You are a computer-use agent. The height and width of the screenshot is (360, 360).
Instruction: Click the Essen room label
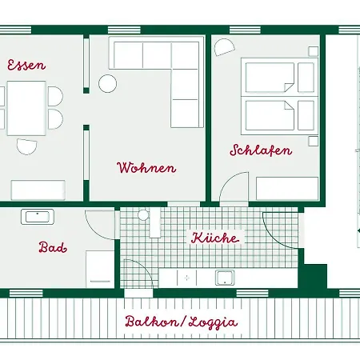click(x=26, y=65)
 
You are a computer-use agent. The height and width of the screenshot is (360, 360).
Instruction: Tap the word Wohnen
click(x=146, y=167)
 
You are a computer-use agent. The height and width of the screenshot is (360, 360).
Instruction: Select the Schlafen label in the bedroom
click(x=261, y=150)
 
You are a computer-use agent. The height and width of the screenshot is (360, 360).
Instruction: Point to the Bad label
click(x=53, y=247)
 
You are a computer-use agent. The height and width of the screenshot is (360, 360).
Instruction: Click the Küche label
click(x=215, y=238)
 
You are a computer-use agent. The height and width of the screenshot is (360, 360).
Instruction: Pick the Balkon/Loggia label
click(x=181, y=322)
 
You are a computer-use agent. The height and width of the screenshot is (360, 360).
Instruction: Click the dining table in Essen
click(x=26, y=108)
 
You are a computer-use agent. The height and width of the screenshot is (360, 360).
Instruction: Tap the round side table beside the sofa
click(x=107, y=84)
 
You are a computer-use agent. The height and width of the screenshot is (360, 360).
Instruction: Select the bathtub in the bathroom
click(x=38, y=217)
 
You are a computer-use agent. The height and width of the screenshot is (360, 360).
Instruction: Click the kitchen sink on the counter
click(x=225, y=278)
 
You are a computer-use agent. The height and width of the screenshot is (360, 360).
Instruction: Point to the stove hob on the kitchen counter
click(x=186, y=278)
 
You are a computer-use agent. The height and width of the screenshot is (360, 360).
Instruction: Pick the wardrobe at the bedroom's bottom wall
click(x=287, y=188)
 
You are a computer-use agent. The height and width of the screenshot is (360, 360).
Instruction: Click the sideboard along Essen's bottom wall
click(x=38, y=190)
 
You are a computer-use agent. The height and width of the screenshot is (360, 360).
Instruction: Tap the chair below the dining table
click(x=26, y=146)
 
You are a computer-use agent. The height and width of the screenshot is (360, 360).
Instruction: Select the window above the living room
click(x=124, y=30)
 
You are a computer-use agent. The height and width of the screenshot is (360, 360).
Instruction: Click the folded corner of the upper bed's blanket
click(x=290, y=86)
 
